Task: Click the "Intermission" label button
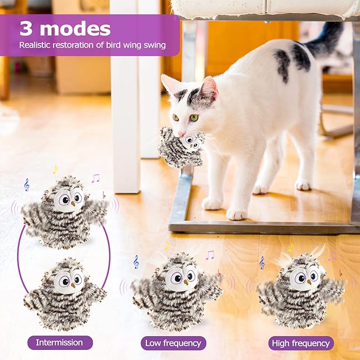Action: [59, 343]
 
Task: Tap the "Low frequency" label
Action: [174, 343]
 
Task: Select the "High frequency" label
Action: [301, 343]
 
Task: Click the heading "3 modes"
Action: [65, 29]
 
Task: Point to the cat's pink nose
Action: [182, 134]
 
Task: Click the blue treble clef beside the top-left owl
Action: [27, 185]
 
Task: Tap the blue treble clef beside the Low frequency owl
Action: [136, 262]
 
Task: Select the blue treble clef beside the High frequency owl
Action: [261, 262]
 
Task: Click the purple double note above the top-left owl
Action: [95, 178]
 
